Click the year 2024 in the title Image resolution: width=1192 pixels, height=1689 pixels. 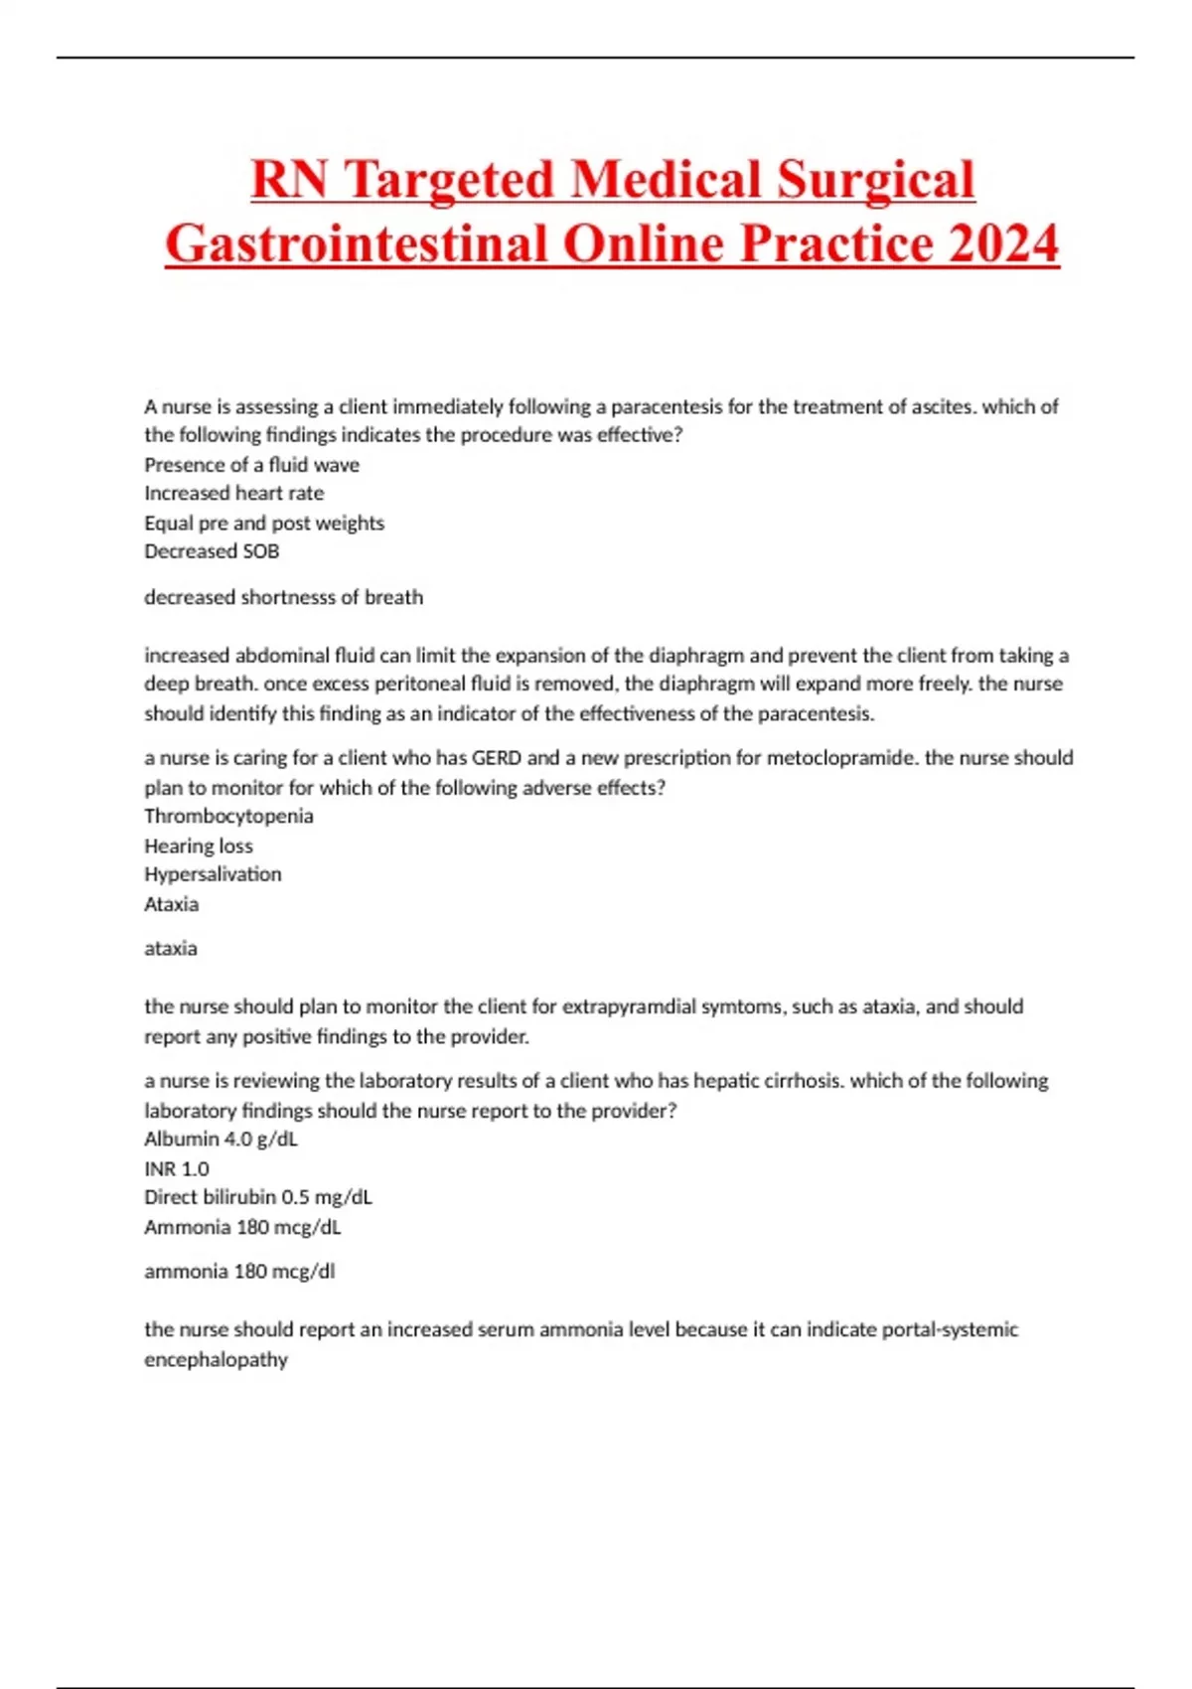[1003, 243]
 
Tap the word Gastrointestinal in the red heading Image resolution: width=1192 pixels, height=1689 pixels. [359, 243]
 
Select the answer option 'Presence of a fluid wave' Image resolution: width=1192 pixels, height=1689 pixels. [251, 465]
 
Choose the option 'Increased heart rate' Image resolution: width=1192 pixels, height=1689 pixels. [233, 494]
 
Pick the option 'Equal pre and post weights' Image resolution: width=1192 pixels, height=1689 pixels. [264, 524]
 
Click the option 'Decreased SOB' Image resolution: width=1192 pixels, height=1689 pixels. [212, 551]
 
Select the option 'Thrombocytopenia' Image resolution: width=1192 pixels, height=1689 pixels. [228, 817]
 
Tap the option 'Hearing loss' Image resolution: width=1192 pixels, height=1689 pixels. [199, 846]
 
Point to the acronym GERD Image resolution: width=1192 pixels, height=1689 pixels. [496, 758]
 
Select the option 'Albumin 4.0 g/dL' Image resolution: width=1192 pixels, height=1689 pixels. [221, 1140]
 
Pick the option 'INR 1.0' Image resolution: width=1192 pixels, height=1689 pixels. [177, 1169]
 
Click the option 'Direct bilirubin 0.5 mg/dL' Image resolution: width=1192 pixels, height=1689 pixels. [258, 1198]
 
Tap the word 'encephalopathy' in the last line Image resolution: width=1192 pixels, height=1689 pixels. [216, 1360]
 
